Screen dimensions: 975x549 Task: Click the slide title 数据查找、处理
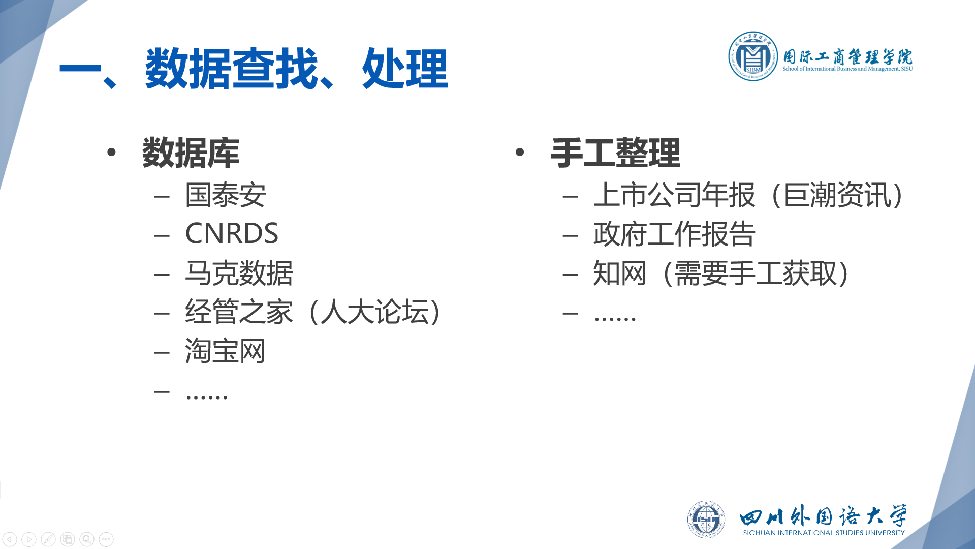[x=296, y=69]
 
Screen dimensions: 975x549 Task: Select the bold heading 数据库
[x=191, y=152]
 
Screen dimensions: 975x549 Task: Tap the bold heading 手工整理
[x=615, y=152]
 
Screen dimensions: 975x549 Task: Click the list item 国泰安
[x=226, y=195]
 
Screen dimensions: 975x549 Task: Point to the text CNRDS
[x=232, y=233]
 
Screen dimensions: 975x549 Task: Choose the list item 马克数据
[x=239, y=273]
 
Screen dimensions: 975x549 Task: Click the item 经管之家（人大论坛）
[x=313, y=312]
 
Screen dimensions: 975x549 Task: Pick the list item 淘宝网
[x=225, y=351]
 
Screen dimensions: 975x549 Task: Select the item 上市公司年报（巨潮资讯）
[x=748, y=195]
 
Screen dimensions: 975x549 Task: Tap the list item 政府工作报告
[x=674, y=234]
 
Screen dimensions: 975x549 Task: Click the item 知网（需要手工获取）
[x=721, y=273]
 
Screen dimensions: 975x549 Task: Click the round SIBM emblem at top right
[x=753, y=56]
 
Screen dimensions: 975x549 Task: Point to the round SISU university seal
[x=706, y=519]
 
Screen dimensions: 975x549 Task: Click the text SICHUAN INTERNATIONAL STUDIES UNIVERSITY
[x=824, y=533]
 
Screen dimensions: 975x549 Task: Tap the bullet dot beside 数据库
[x=112, y=152]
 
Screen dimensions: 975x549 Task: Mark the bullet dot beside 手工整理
[x=519, y=152]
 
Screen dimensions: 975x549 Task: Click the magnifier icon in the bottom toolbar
[x=87, y=539]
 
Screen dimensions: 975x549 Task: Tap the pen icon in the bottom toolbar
[x=48, y=539]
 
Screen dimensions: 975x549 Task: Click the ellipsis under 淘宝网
[x=207, y=396]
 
